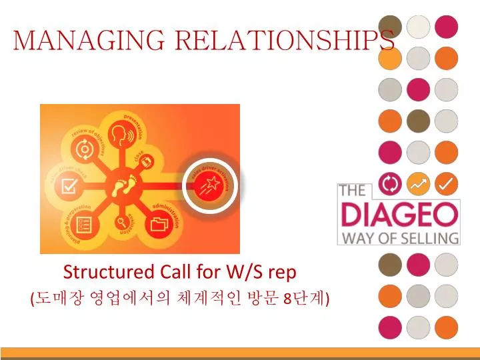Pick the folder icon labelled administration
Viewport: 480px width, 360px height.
click(x=161, y=224)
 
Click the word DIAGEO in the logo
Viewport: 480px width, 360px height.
click(x=399, y=215)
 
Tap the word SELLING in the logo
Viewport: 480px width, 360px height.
click(x=434, y=237)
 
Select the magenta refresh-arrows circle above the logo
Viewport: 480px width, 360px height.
click(x=390, y=183)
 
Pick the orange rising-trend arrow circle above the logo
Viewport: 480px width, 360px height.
click(x=418, y=183)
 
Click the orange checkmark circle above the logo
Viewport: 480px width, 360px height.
click(x=447, y=183)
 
